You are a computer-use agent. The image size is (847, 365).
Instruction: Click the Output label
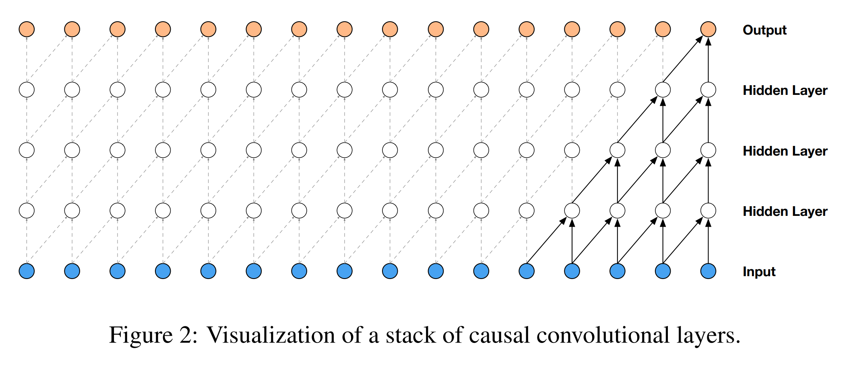click(x=764, y=30)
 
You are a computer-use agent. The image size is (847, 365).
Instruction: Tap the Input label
click(x=759, y=272)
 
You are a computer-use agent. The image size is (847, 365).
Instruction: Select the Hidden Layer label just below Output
click(x=785, y=90)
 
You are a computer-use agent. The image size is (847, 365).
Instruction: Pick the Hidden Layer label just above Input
click(x=785, y=211)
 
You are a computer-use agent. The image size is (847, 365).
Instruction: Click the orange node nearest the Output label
click(x=708, y=29)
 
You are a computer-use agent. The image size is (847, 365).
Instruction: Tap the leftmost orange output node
click(x=27, y=29)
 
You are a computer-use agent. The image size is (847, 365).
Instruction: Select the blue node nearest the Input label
click(x=708, y=271)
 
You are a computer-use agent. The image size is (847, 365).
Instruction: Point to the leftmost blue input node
click(x=27, y=271)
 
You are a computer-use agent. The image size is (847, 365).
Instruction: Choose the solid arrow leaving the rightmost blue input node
click(x=708, y=241)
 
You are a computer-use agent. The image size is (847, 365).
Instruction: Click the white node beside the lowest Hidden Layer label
click(x=708, y=211)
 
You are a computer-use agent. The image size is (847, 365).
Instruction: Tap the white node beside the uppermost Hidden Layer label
click(x=708, y=90)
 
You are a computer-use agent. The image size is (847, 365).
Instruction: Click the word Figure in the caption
click(x=140, y=335)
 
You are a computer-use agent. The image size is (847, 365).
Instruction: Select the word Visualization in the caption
click(x=270, y=335)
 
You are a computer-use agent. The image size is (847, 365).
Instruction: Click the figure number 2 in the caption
click(x=186, y=335)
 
